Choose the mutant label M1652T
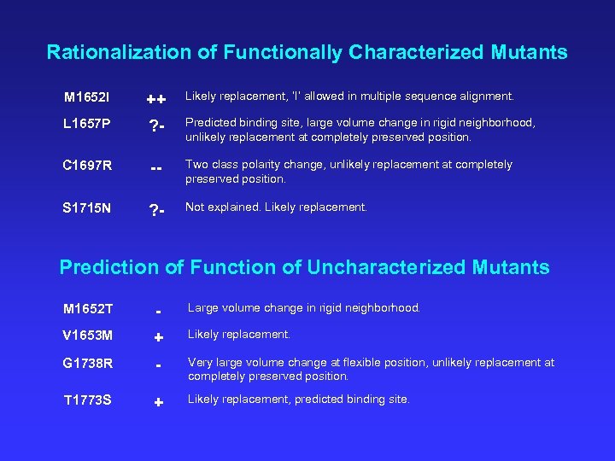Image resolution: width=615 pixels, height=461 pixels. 90,308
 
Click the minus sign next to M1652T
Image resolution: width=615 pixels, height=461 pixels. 158,310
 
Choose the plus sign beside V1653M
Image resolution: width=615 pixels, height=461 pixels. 158,338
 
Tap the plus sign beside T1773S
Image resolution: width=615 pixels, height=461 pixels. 158,402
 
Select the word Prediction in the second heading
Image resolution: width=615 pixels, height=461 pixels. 109,267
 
